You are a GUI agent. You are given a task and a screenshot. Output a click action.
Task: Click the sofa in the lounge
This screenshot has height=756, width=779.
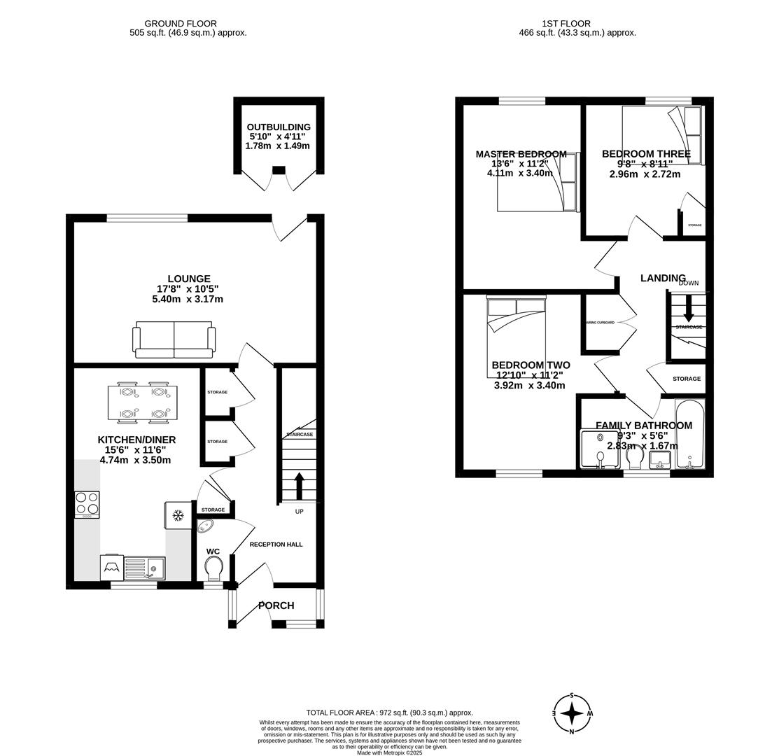tap(174, 339)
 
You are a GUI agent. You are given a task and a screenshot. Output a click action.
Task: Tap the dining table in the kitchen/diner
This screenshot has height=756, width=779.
tap(142, 403)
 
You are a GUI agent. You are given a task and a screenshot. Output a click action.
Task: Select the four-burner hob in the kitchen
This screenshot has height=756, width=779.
tap(87, 504)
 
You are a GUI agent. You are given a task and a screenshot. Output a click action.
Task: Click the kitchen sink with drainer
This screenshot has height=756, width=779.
tap(145, 568)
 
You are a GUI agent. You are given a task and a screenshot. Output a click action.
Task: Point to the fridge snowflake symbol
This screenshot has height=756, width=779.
tap(178, 516)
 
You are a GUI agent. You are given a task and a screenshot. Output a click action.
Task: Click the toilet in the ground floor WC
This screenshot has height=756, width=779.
tap(213, 568)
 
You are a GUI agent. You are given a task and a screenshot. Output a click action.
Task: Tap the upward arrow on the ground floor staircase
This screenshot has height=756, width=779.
tap(299, 485)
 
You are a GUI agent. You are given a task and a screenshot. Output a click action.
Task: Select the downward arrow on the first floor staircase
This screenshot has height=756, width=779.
tap(689, 309)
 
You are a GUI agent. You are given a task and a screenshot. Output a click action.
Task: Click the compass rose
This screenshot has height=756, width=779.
tap(572, 713)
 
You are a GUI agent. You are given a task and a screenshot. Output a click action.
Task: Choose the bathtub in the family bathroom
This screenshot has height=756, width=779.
tap(689, 434)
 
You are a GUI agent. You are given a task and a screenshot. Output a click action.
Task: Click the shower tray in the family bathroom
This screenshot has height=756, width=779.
tap(600, 449)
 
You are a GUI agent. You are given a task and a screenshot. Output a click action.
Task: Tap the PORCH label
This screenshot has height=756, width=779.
tap(276, 605)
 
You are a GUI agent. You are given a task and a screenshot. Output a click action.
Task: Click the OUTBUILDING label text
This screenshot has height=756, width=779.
tap(279, 127)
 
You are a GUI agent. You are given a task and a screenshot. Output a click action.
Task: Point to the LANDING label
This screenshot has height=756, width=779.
tap(662, 278)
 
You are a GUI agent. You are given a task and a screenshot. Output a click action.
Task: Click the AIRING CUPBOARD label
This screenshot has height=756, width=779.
tap(600, 323)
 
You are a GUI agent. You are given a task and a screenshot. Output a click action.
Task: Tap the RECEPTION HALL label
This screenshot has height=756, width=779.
tap(276, 544)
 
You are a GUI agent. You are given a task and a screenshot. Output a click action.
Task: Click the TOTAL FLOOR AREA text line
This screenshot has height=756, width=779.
tap(389, 713)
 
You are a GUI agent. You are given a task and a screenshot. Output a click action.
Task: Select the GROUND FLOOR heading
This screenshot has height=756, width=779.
tap(181, 24)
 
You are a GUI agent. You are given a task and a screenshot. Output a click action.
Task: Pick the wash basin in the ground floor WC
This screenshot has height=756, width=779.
tap(206, 526)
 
